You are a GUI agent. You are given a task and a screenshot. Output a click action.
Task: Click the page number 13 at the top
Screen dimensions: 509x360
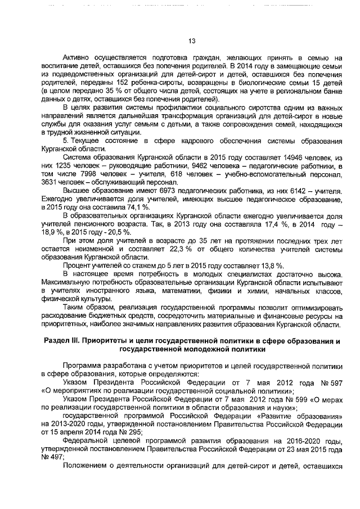pos(191,40)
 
